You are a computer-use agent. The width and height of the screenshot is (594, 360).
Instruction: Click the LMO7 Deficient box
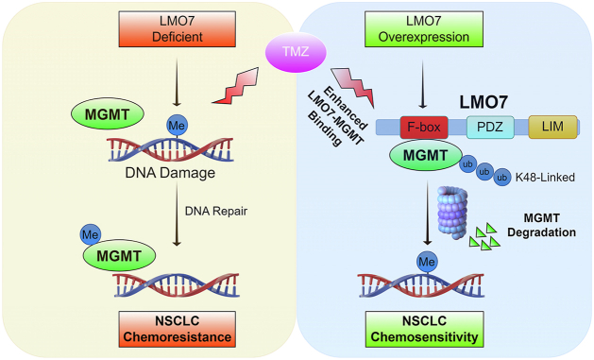point(178,29)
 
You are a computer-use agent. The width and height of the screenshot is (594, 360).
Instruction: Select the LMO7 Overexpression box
point(423,29)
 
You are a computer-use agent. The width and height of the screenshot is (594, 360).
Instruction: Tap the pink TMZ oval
point(296,52)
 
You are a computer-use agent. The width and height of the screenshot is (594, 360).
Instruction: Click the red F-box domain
point(424,127)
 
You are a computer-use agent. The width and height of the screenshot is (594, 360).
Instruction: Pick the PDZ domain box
point(490,127)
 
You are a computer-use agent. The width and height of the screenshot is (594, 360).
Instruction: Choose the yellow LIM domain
point(552,127)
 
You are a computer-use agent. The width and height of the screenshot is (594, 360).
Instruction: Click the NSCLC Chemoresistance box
point(178,330)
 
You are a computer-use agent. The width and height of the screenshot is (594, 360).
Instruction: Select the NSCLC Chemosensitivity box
point(424,330)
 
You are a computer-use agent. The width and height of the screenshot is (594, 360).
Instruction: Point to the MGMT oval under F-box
point(426,155)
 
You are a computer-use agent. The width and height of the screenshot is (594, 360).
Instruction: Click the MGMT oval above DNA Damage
point(108,114)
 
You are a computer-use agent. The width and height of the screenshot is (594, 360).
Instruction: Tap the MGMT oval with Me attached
point(119,256)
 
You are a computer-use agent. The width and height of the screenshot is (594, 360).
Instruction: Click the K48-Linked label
point(545,177)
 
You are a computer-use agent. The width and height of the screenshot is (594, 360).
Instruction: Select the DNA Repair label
point(216,211)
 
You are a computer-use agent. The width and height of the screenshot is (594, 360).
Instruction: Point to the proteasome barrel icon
point(452,213)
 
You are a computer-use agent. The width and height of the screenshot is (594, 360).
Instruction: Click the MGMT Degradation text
point(542,225)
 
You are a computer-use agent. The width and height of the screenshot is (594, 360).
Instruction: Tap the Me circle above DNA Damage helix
point(177,126)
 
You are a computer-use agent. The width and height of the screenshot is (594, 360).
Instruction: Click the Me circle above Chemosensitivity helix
point(427,262)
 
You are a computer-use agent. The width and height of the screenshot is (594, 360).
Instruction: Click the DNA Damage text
point(170,173)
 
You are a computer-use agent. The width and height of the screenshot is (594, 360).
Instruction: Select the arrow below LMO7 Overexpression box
point(423,85)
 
